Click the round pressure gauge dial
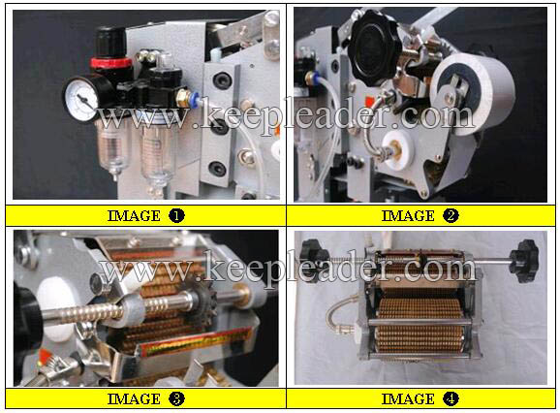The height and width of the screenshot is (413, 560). click(x=81, y=98)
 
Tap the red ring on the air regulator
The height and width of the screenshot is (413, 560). click(x=111, y=62)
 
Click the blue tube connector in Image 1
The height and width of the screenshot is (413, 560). click(x=195, y=99)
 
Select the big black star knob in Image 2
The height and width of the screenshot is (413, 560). click(x=373, y=47)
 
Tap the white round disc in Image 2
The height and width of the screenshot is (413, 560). click(x=396, y=146)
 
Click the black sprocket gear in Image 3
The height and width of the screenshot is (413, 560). click(x=202, y=299)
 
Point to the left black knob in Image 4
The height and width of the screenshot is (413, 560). click(x=314, y=260)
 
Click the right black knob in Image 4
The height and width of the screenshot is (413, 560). click(x=523, y=261)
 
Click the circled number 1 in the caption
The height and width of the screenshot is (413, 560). click(x=176, y=215)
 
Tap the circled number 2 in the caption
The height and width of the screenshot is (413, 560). click(x=451, y=215)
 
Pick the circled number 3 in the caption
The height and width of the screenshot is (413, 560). click(x=176, y=398)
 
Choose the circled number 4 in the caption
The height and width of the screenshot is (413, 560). click(x=451, y=398)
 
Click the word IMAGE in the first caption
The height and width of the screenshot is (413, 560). click(x=135, y=216)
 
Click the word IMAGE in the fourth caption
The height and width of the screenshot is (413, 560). click(x=408, y=399)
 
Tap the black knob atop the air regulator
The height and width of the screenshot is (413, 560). click(x=110, y=42)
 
